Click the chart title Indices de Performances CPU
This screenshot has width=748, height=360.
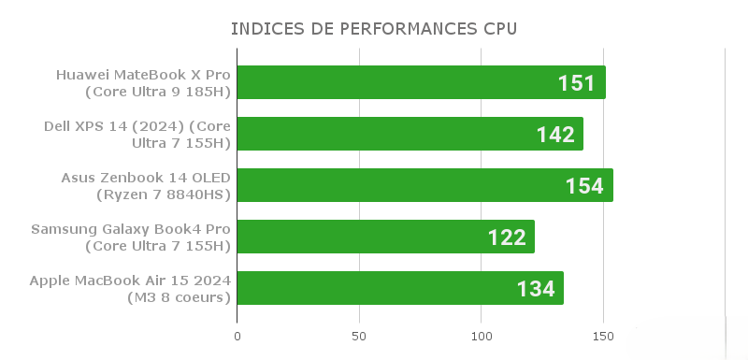coord(374,29)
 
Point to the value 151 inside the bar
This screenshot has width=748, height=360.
coord(577,83)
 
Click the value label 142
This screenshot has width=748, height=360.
coord(555,135)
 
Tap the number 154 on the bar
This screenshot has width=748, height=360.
coord(584,186)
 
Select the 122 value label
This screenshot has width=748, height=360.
coord(507,238)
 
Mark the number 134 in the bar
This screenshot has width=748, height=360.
coord(536,289)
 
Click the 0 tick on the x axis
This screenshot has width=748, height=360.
coord(237,335)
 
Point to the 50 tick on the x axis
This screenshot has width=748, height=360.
coord(359,335)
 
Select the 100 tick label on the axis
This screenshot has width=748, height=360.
coord(482,335)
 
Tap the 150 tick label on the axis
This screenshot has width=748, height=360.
coord(603,335)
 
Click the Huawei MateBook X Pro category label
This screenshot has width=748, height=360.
coord(143,82)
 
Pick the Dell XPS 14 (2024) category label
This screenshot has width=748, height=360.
coord(137,134)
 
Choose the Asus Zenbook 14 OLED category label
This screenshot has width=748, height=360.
coord(146,185)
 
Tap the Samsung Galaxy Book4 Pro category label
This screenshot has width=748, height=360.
coord(131,237)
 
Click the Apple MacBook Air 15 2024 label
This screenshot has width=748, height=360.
coord(130,288)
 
